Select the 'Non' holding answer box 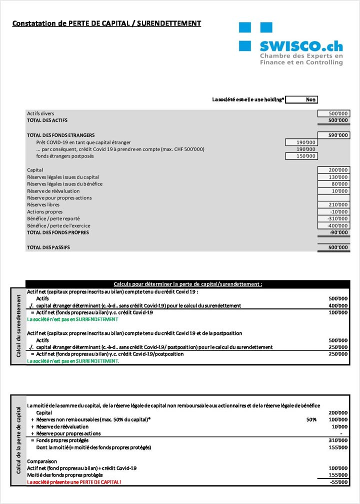coord(301,99)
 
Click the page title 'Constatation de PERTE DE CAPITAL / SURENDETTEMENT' coord(106,23)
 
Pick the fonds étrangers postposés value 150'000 coord(301,156)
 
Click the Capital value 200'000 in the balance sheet coord(333,170)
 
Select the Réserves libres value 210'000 coord(333,204)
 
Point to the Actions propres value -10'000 coord(333,211)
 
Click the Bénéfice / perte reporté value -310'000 coord(333,218)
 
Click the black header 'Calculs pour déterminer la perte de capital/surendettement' coord(187,284)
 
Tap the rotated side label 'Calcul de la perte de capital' coord(18,440)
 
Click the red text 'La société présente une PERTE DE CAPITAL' coord(74,482)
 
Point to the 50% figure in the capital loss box coord(311,419)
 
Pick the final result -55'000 coord(338,482)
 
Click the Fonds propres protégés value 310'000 coord(338,440)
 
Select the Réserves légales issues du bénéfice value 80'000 coord(333,184)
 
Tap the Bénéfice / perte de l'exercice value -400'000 coord(333,225)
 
